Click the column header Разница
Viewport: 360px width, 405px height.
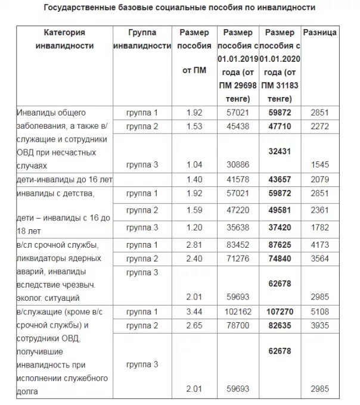[319, 32]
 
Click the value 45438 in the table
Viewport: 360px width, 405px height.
[237, 126]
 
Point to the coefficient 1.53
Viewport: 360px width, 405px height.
[194, 126]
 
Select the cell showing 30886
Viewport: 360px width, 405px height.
[237, 164]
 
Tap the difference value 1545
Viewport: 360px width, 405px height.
[319, 164]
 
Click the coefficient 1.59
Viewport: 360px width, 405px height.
[194, 210]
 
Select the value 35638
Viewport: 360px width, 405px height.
[237, 227]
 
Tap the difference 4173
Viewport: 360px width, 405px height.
[319, 244]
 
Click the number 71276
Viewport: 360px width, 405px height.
[237, 258]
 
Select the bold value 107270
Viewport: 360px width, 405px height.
[279, 311]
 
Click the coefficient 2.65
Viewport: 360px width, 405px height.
[194, 325]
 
